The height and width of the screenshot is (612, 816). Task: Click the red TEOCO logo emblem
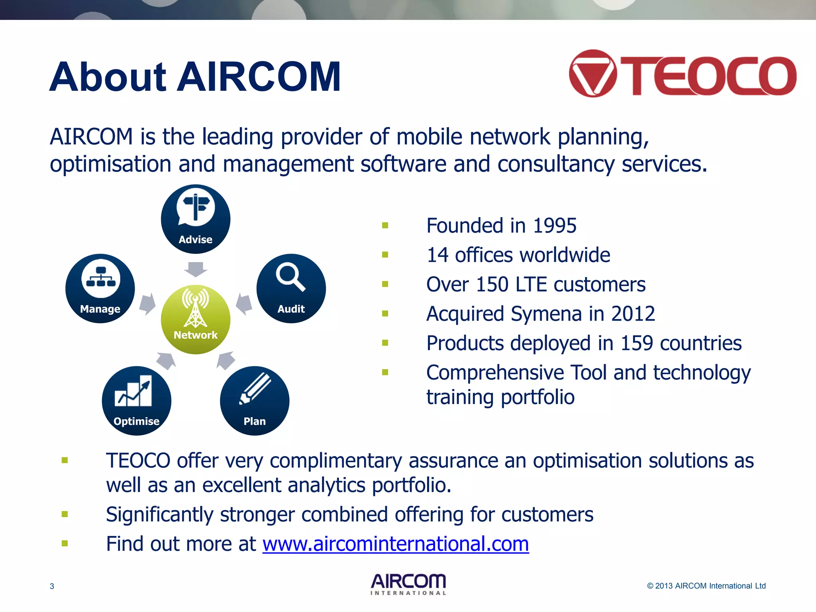point(593,74)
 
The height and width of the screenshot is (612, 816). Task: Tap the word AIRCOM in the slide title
point(259,77)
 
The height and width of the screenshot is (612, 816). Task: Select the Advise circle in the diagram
point(195,219)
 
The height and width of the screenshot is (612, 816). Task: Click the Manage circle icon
point(100,288)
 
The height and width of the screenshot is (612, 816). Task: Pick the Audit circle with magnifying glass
point(291,288)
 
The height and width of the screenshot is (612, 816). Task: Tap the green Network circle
point(195,319)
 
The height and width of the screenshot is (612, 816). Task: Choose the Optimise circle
point(136,400)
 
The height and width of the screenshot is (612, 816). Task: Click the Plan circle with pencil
point(254,400)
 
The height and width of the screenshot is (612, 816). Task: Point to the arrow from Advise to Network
point(195,269)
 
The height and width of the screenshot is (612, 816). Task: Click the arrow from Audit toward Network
point(244,304)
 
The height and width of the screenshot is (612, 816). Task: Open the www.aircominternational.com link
point(395,544)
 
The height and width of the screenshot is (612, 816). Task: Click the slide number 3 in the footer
point(52,586)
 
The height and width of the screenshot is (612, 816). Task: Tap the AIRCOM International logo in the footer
point(408,584)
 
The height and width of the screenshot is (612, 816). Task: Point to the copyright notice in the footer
point(706,586)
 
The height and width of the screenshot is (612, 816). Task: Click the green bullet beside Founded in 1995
point(385,226)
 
